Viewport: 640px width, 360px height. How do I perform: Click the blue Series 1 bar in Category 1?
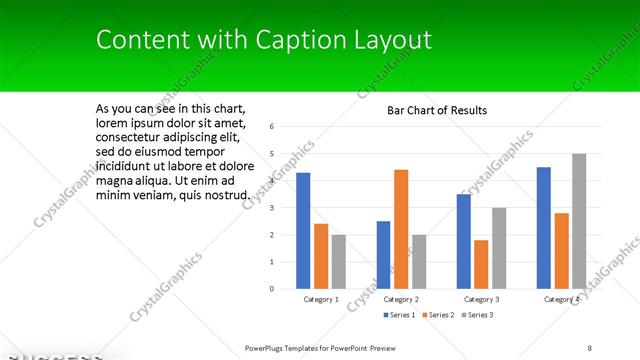point(303,231)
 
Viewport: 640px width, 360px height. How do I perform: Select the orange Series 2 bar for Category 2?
point(401,229)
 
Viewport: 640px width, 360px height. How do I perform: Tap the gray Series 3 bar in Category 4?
point(579,221)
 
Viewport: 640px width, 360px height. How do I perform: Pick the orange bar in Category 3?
point(481,264)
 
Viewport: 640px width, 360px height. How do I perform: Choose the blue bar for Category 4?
point(544,228)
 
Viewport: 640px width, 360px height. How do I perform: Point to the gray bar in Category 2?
point(419,262)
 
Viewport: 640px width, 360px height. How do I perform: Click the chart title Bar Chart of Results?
point(437,110)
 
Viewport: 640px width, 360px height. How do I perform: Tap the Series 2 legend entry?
point(438,315)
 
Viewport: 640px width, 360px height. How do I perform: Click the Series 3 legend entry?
point(478,315)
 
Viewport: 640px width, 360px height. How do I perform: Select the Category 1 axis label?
point(321,300)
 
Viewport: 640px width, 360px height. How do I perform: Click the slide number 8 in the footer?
point(590,347)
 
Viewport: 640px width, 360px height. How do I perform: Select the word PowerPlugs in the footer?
point(268,347)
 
